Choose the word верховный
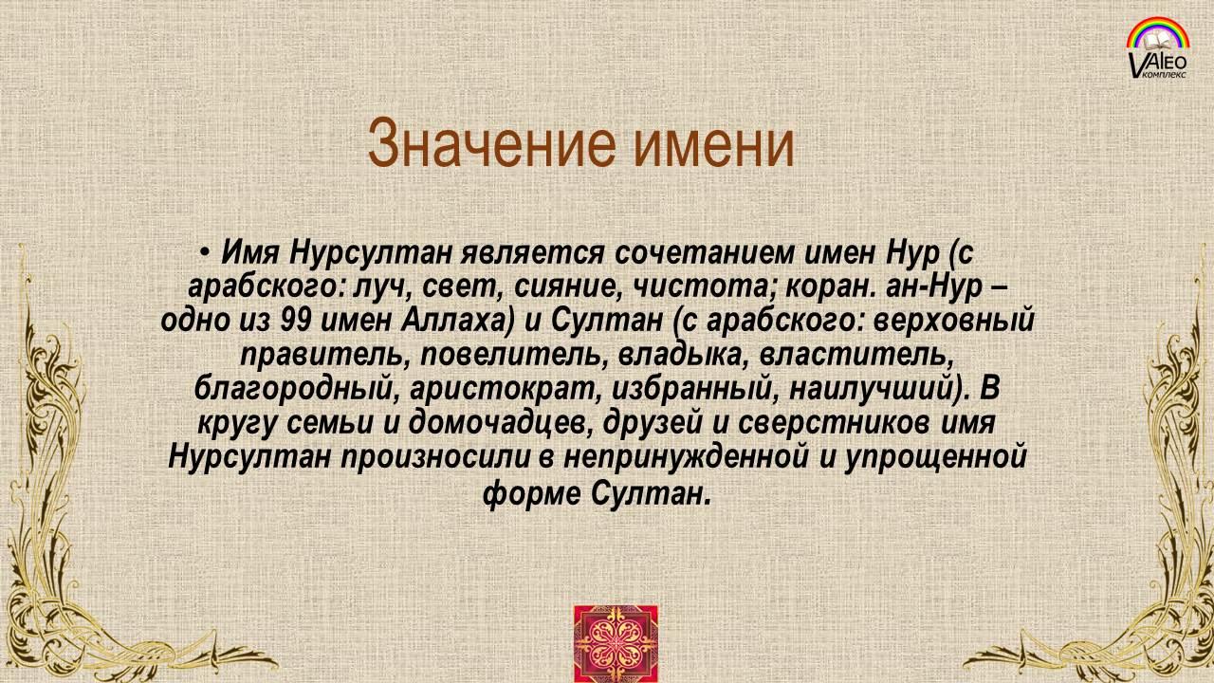pos(954,322)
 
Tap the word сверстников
pos(836,424)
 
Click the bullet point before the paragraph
pos(204,252)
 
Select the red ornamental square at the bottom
pos(616,643)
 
